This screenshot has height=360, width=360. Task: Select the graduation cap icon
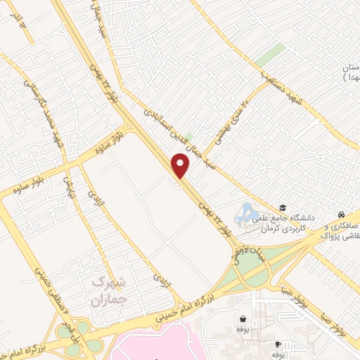tap(283, 207)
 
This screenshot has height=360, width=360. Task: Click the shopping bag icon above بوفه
tap(243, 319)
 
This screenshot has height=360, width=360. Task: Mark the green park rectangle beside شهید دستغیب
tap(270, 55)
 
